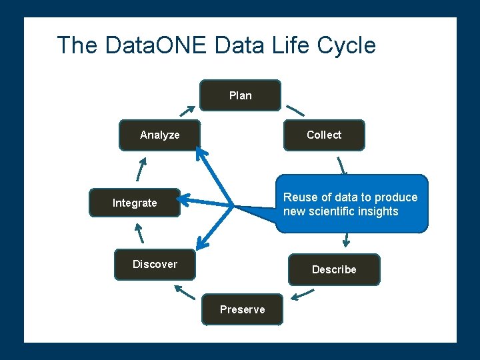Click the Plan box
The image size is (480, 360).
coord(241,95)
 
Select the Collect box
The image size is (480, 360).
coord(324,135)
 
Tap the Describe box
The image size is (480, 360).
coord(334,269)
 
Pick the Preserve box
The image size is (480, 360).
coord(243,309)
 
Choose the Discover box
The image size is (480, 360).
coord(155,264)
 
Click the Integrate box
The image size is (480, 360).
coord(135,203)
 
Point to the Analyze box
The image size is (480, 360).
coord(159,135)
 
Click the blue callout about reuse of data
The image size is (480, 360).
coord(351,204)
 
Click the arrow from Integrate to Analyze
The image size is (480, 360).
coord(140,169)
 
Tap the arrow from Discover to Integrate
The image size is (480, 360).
coord(139,233)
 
